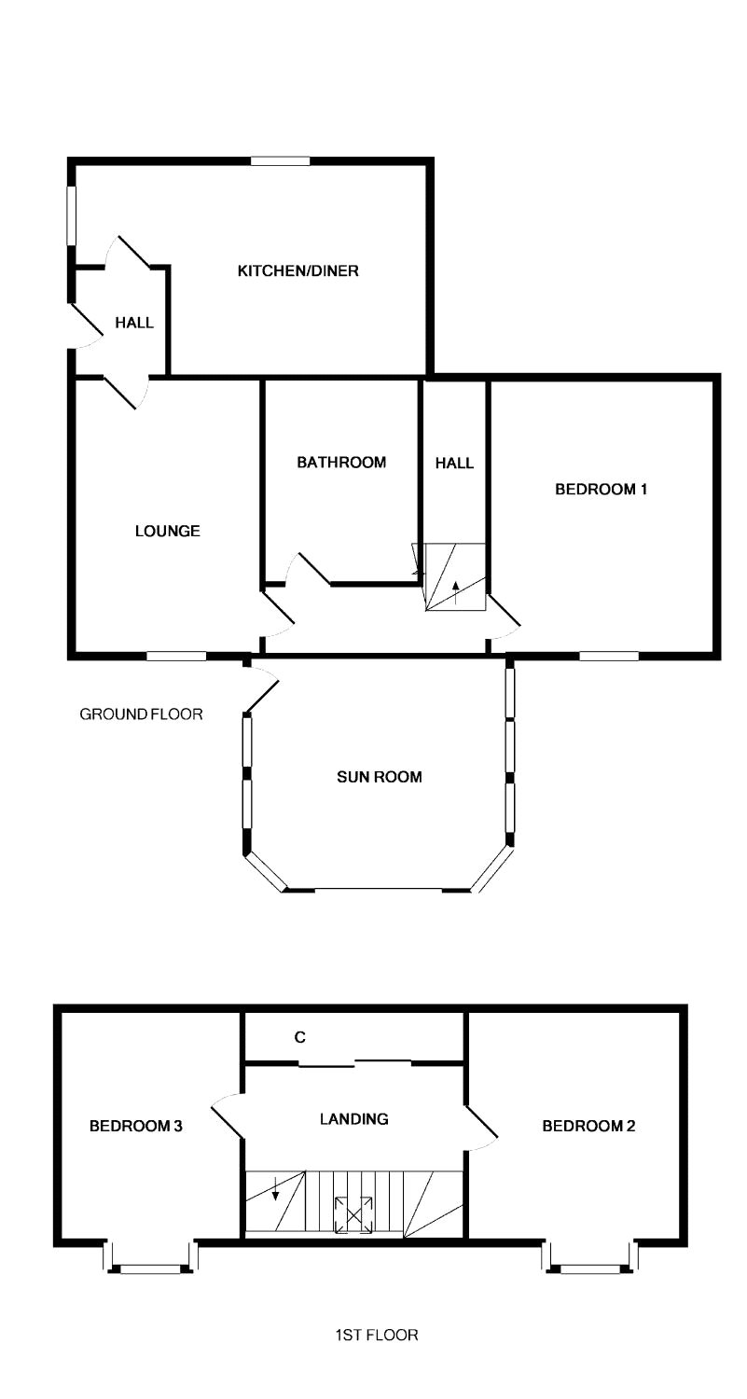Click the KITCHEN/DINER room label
point(297,271)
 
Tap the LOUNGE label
point(167,531)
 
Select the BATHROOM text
point(341,463)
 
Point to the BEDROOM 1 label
point(601,489)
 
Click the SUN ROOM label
point(380,777)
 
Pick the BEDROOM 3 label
point(135,1126)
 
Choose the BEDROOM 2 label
point(588,1126)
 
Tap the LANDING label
point(353,1118)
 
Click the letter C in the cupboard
point(299,1037)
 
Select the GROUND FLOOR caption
point(141,714)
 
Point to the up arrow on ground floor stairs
point(456,592)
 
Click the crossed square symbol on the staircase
point(354,1214)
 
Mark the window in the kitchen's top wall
point(280,160)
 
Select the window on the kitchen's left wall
point(71,215)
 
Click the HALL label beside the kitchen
point(134,323)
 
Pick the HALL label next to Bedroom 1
point(454,463)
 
